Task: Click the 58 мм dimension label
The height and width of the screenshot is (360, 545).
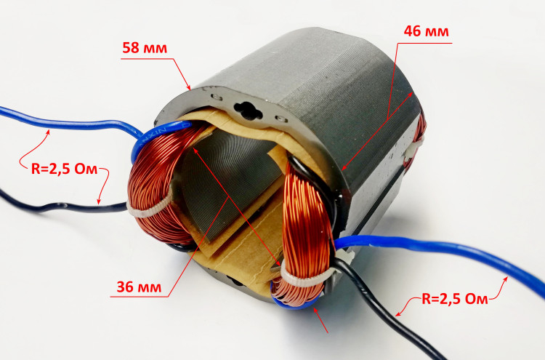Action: tap(145, 48)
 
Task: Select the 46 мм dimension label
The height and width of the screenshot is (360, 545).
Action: tap(426, 31)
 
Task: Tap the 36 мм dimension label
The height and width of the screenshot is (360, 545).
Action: tap(139, 287)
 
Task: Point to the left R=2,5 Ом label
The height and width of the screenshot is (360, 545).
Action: tap(64, 169)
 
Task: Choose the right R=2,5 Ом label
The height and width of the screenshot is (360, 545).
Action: tap(455, 299)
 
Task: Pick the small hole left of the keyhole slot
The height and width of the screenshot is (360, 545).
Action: tap(217, 96)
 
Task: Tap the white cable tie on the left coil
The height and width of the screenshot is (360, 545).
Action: tap(150, 208)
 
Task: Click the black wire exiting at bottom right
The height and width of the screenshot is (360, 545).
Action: tap(389, 306)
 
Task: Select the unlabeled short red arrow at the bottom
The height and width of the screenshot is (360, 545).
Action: tap(320, 320)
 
